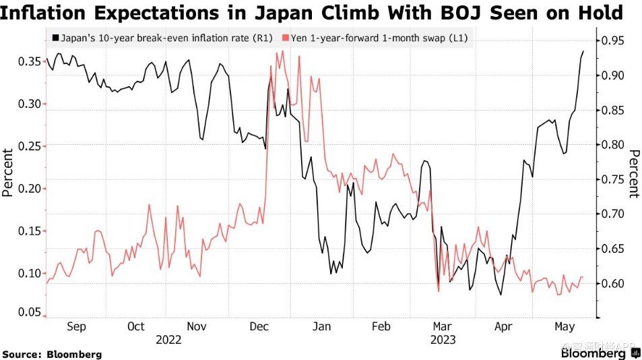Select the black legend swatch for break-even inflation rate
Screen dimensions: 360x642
[54, 38]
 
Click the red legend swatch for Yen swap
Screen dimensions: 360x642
[286, 38]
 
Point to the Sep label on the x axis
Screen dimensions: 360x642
[75, 327]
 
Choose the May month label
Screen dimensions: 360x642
[563, 327]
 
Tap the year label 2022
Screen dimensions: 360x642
[168, 340]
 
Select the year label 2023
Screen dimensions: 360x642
[443, 340]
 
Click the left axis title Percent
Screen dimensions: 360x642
[8, 173]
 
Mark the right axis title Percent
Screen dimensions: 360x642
[633, 174]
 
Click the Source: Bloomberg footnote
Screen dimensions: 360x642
[53, 354]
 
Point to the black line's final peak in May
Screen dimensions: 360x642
[583, 51]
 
